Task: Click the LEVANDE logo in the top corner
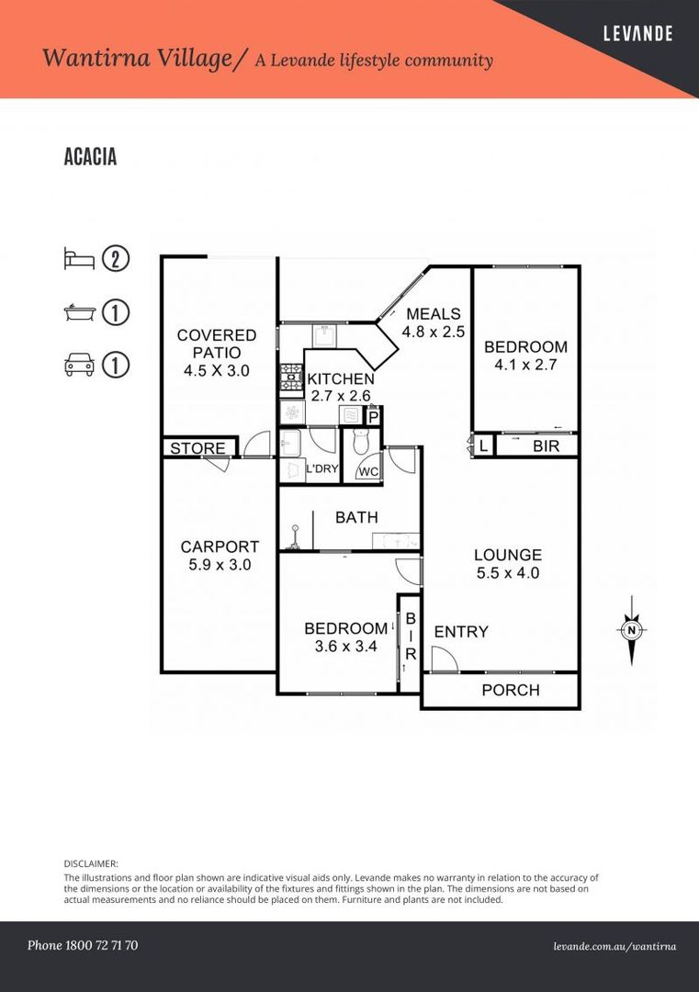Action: (637, 33)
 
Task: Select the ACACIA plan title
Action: (90, 156)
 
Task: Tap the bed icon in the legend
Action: (79, 259)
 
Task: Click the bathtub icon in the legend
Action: (80, 312)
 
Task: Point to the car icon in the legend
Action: (80, 365)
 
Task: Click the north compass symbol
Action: (631, 629)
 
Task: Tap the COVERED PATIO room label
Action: (217, 353)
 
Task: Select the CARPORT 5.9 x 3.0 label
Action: (220, 556)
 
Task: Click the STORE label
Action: (197, 448)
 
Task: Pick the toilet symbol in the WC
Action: (361, 442)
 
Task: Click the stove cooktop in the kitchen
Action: (291, 377)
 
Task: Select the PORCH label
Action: (511, 690)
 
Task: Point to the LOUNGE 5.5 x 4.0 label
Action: (508, 564)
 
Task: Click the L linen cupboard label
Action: (483, 446)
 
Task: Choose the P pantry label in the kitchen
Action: (373, 417)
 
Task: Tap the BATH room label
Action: (356, 517)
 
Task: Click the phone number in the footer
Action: (83, 945)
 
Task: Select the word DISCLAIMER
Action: (91, 863)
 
